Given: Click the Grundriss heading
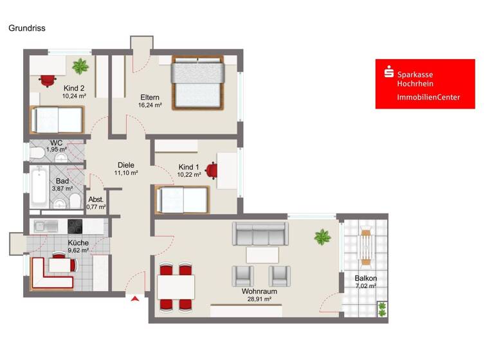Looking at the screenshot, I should coord(26,28).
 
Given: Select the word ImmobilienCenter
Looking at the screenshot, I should coord(428,98).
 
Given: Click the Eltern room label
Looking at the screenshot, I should coord(150,98).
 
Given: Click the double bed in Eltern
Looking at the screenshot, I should coord(197,84).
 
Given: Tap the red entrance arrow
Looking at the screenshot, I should coord(135,298).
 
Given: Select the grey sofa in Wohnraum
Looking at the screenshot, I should coord(259,233).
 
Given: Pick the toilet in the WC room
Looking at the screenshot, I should coord(37,152).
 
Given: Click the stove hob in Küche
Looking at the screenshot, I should coord(75,226).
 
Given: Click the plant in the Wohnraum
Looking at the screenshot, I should coord(322,238).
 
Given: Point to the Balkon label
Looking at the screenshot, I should coord(365,278).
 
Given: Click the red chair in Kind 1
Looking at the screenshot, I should coord(213,170).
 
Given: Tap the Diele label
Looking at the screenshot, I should coord(125,165).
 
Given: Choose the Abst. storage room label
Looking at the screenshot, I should coord(96,199).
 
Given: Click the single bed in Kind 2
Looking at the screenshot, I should coord(57,120).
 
